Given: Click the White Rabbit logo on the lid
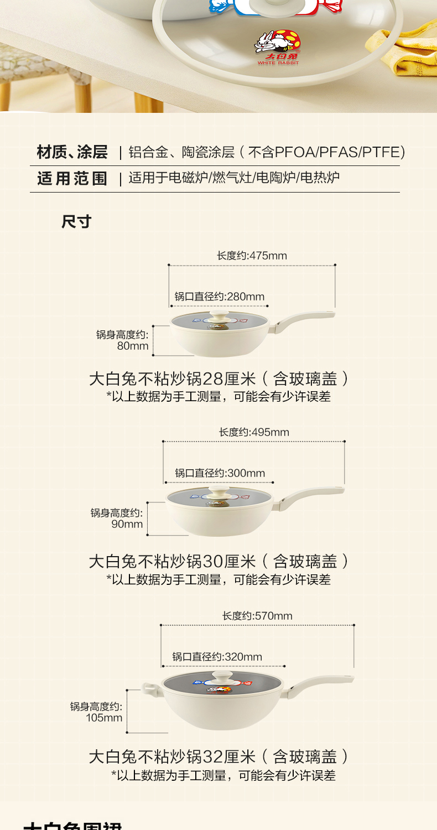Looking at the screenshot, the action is pos(278,49).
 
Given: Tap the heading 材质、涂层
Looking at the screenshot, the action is pos(72,152).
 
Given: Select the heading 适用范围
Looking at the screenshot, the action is pos(72,178).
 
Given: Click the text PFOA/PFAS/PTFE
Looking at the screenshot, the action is pos(340,152).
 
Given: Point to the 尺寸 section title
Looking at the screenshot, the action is pos(76,222).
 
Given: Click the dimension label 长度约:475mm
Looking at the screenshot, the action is pos(252,256).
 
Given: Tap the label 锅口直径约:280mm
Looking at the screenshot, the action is pos(220,297).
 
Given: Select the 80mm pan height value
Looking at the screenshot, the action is pos(133,346).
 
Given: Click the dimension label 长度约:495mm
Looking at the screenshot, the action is pos(254,432).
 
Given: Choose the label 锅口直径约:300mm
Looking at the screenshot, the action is pos(220,473).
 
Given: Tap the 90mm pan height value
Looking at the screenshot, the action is pos(127,524).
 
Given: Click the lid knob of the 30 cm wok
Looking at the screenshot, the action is pos(220,492).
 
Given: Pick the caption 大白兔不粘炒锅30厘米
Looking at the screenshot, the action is pos(172,562).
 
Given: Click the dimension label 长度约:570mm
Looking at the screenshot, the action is pos(257,616).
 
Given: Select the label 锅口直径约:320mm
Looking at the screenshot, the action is pos(217,657).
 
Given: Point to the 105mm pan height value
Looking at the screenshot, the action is pos(104,718).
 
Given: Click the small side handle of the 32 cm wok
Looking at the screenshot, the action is pos(150,689).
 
